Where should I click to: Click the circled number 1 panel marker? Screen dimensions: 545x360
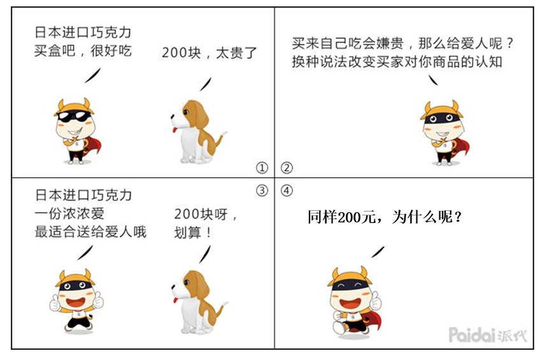pyautogui.click(x=262, y=168)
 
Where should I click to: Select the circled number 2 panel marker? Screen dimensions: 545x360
pyautogui.click(x=287, y=168)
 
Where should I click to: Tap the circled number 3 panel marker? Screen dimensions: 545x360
pyautogui.click(x=262, y=191)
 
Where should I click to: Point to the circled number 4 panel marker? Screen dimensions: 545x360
pyautogui.click(x=287, y=191)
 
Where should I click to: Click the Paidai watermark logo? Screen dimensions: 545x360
pyautogui.click(x=488, y=335)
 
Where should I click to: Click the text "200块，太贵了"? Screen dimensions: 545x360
pyautogui.click(x=209, y=53)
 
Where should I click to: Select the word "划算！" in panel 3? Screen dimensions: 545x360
pyautogui.click(x=192, y=233)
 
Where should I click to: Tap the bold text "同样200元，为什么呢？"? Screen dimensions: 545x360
pyautogui.click(x=385, y=217)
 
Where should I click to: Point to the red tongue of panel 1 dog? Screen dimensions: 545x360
pyautogui.click(x=174, y=130)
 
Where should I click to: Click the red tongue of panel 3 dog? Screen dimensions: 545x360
pyautogui.click(x=175, y=301)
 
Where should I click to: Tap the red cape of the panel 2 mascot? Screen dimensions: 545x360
pyautogui.click(x=460, y=149)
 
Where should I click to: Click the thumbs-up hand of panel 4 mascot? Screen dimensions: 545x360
pyautogui.click(x=375, y=301)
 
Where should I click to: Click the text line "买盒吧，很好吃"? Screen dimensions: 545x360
pyautogui.click(x=83, y=51)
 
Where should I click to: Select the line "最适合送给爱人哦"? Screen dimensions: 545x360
pyautogui.click(x=90, y=232)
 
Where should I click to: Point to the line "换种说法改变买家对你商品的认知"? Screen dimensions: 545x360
pyautogui.click(x=397, y=62)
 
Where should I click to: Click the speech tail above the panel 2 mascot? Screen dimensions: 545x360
pyautogui.click(x=433, y=80)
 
